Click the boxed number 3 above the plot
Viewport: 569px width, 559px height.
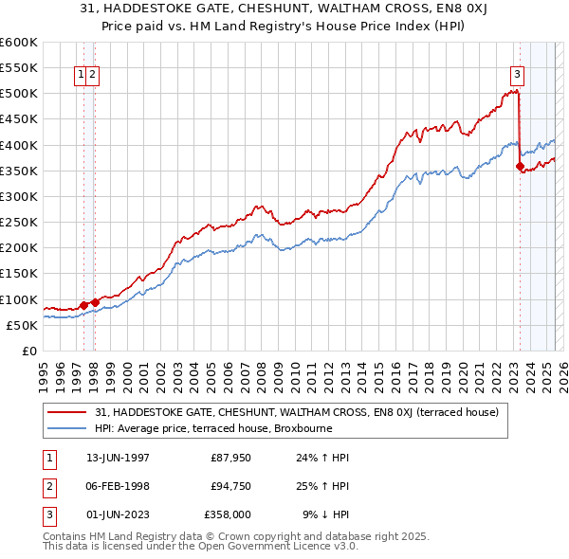coord(517,75)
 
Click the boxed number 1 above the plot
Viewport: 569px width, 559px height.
coord(82,75)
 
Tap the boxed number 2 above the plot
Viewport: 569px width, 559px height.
coord(94,75)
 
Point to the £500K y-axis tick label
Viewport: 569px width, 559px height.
coord(19,94)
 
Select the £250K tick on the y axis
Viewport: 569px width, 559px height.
coord(19,223)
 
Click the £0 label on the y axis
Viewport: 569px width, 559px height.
coord(29,351)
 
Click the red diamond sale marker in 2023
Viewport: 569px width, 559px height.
coord(520,167)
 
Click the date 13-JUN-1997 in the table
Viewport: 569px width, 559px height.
coord(106,457)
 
